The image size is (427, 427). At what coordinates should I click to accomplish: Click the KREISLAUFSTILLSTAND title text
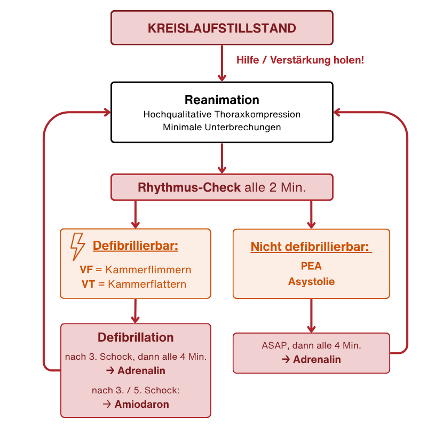click(x=222, y=28)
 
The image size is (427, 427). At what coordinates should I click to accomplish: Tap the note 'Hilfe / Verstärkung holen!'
click(x=301, y=60)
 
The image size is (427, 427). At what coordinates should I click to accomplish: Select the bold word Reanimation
click(x=222, y=100)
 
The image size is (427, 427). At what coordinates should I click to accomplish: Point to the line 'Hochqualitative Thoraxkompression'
click(x=222, y=114)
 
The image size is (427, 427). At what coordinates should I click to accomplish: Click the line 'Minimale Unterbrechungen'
click(x=222, y=127)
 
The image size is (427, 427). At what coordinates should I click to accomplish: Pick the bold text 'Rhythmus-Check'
click(x=189, y=188)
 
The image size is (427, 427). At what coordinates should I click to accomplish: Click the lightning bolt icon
click(x=78, y=246)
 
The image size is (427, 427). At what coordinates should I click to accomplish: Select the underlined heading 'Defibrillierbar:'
click(x=135, y=246)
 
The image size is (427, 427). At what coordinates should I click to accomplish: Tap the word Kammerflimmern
click(x=148, y=270)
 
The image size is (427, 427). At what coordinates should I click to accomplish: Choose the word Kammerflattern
click(x=147, y=284)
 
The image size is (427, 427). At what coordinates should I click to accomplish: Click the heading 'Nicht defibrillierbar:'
click(x=311, y=247)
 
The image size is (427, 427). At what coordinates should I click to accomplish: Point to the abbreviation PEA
click(x=311, y=266)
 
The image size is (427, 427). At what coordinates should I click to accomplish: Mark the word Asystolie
click(x=311, y=281)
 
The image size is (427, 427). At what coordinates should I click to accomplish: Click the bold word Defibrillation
click(x=136, y=337)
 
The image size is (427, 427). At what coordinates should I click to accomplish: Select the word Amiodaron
click(x=141, y=404)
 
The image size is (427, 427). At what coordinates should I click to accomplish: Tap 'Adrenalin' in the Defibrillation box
click(x=141, y=370)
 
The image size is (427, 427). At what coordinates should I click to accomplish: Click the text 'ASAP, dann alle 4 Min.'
click(x=311, y=346)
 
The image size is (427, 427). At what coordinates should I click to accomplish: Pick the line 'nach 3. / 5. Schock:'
click(x=136, y=391)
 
